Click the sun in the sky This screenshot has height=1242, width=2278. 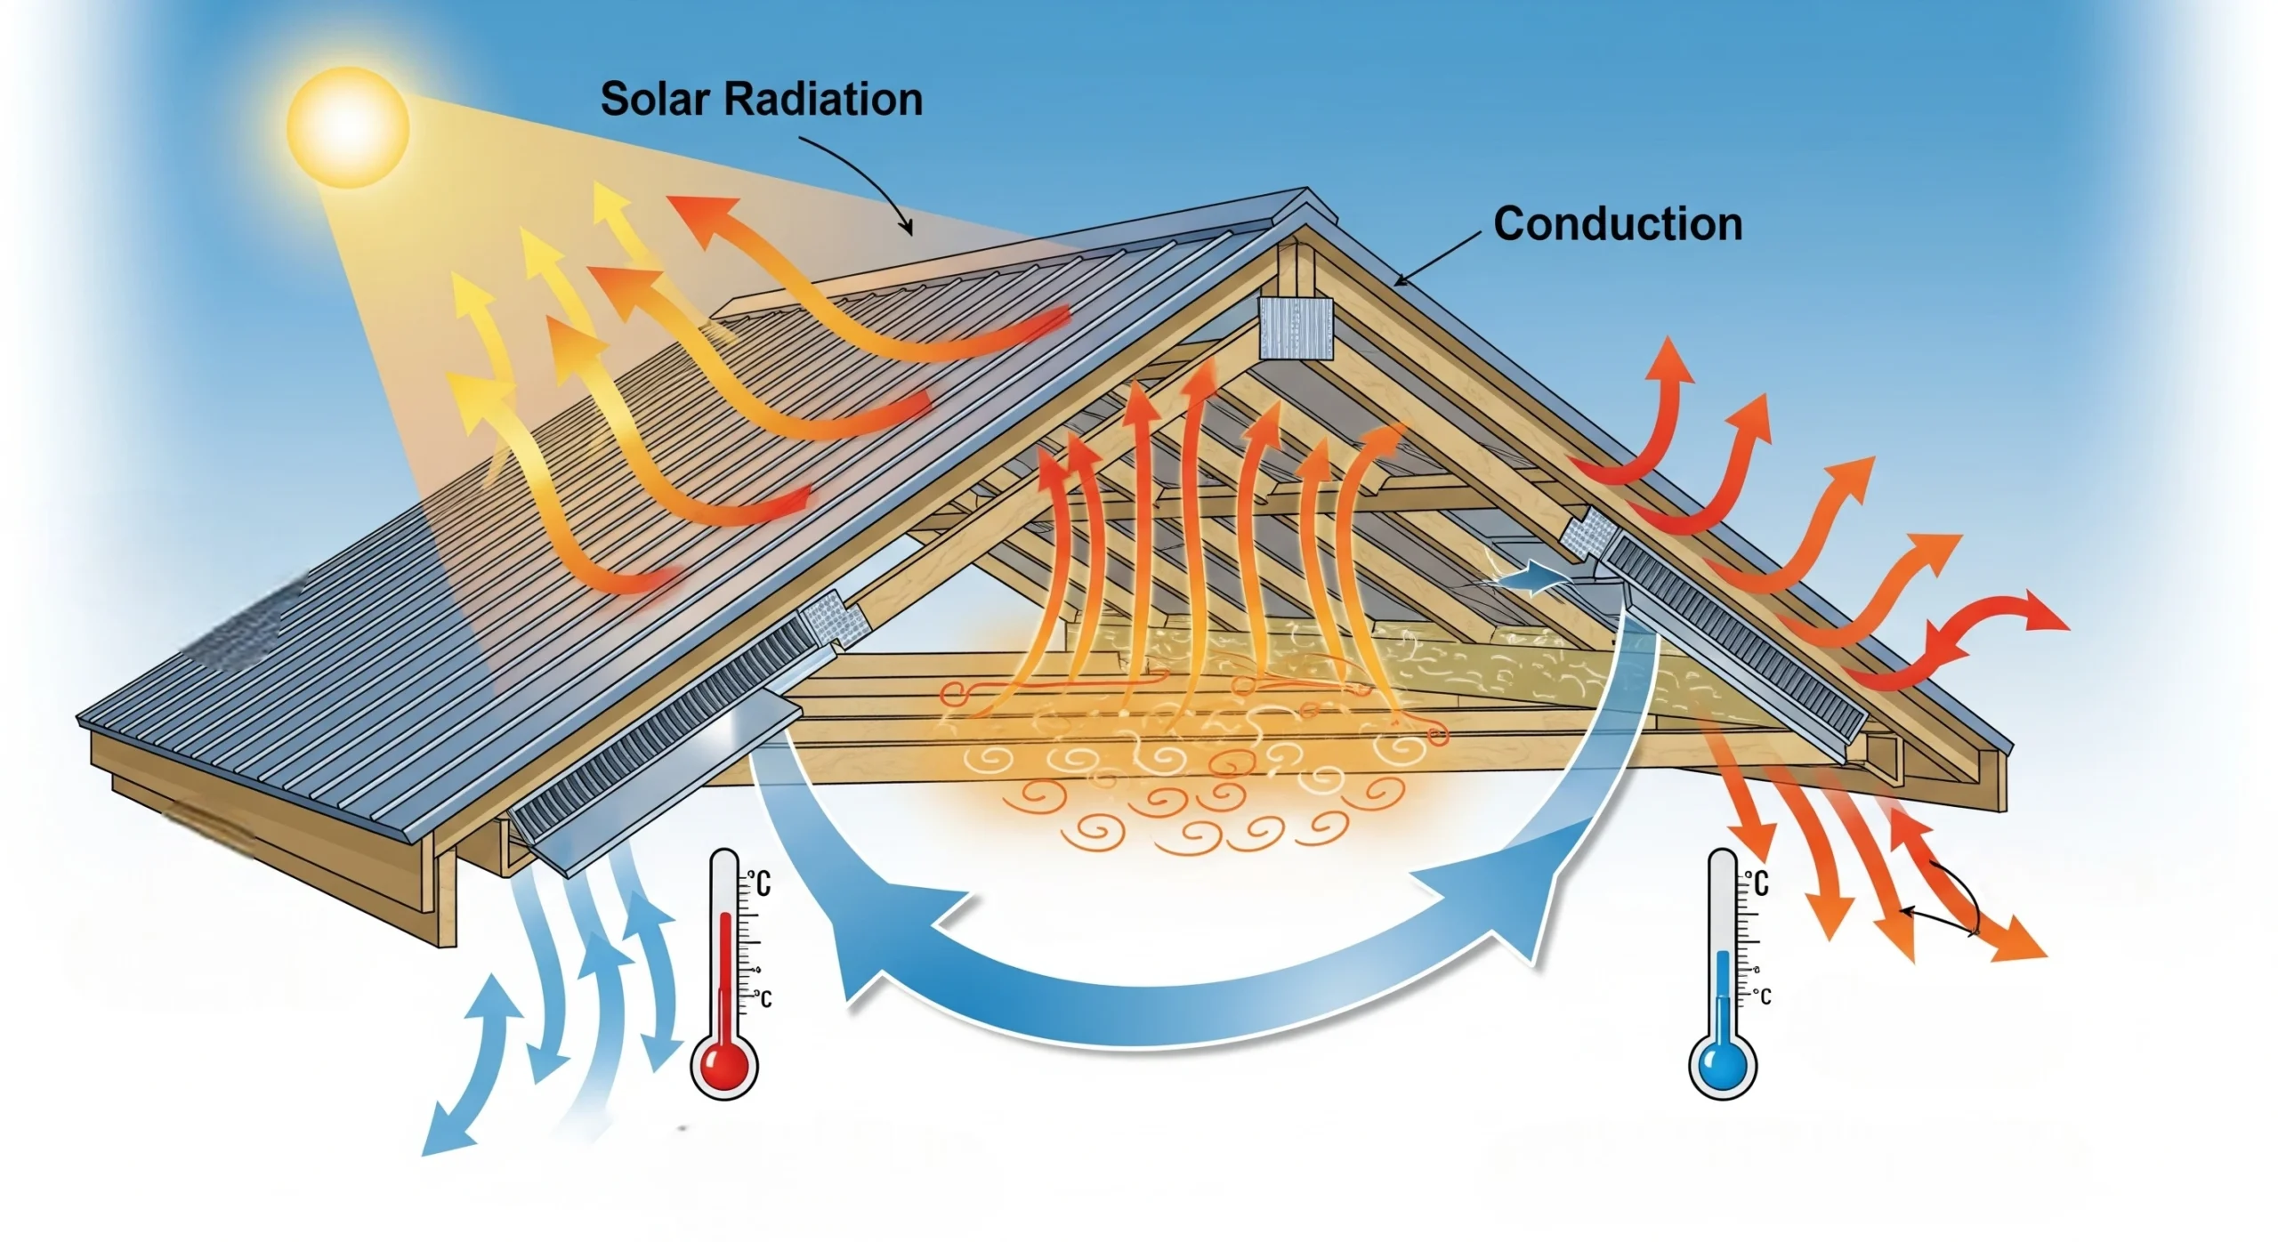pyautogui.click(x=348, y=127)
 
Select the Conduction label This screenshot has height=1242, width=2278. pyautogui.click(x=1617, y=224)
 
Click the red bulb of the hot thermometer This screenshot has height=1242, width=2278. pyautogui.click(x=723, y=1065)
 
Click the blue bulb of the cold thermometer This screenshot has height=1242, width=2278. pyautogui.click(x=1722, y=1065)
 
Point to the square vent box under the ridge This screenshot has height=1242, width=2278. pyautogui.click(x=1296, y=328)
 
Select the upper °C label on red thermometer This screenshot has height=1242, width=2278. pyautogui.click(x=759, y=883)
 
